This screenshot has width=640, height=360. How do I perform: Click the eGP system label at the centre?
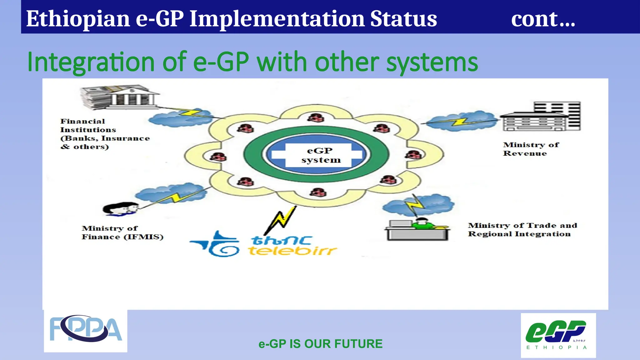[x=320, y=155]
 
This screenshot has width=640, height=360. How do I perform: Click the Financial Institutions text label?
[x=105, y=134]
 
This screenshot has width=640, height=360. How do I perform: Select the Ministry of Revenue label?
[x=530, y=149]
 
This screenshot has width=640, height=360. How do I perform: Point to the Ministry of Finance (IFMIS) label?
[x=122, y=233]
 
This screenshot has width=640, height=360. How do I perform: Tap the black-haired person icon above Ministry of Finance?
[x=120, y=209]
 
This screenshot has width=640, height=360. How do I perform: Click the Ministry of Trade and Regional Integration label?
[x=522, y=230]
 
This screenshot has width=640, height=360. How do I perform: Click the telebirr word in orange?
[x=292, y=251]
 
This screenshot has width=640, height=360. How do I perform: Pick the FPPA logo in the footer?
[x=86, y=331]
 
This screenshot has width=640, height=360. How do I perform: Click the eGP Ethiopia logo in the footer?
[x=558, y=335]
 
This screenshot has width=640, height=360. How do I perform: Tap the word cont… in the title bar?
[x=543, y=19]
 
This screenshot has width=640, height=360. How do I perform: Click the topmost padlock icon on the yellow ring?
[x=317, y=118]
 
